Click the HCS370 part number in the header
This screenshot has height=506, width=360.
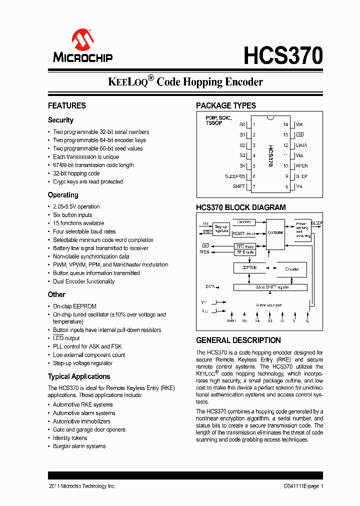[283, 55]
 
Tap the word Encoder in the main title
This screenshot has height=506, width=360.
[238, 82]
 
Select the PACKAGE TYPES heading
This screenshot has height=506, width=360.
[226, 106]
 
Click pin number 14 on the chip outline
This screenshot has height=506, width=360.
[285, 124]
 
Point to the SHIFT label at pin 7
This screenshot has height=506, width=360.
[239, 186]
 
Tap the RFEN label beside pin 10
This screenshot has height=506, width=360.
[302, 166]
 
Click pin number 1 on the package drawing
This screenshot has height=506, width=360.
[254, 124]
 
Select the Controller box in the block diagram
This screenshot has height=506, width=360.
[275, 233]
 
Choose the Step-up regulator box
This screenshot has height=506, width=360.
[221, 229]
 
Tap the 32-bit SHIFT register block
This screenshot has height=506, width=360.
[272, 287]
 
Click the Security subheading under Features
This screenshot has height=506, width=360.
[60, 120]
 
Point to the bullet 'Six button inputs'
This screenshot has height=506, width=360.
[72, 215]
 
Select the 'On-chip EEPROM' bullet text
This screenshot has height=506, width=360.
[74, 306]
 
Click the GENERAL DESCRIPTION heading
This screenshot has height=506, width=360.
[238, 340]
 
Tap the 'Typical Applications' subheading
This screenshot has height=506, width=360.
[79, 377]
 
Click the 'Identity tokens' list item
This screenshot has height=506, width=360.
[70, 438]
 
